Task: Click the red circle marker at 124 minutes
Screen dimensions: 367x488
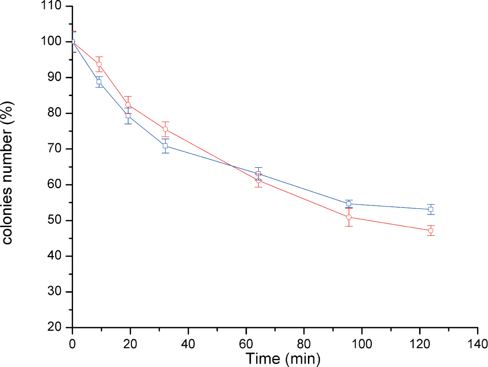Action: point(431,231)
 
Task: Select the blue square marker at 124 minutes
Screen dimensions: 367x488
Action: point(431,209)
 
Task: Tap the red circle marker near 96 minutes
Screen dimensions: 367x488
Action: point(349,217)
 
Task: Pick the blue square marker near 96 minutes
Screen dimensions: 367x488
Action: point(349,204)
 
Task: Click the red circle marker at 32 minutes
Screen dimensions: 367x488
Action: point(165,129)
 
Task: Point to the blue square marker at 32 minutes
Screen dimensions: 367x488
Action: point(165,146)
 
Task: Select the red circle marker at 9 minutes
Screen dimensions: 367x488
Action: point(99,64)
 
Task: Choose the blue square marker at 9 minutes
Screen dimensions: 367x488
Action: point(99,82)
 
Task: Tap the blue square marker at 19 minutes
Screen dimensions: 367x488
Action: point(128,116)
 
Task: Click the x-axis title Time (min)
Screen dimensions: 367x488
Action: point(283,359)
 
